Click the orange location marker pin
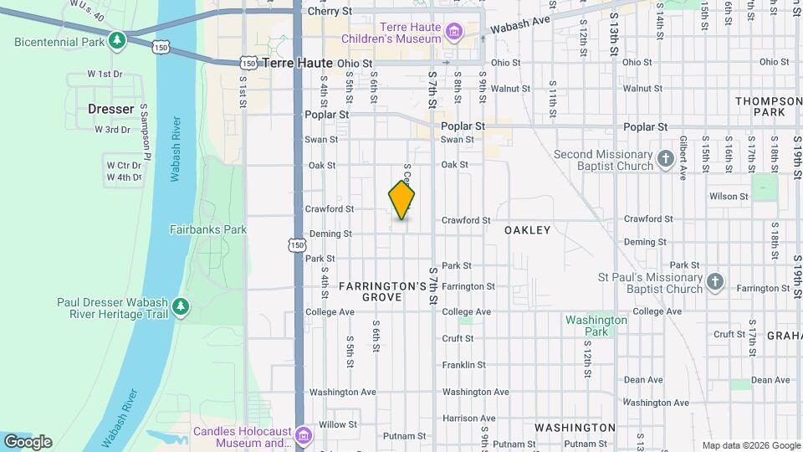(x=401, y=200)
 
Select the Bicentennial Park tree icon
(x=119, y=40)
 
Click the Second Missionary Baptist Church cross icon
(x=666, y=159)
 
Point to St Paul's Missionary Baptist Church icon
(x=714, y=282)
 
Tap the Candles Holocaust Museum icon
(x=303, y=436)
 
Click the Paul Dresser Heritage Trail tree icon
(x=180, y=309)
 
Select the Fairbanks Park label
(x=208, y=229)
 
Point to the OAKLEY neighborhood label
(x=528, y=229)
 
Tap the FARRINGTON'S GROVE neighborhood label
(x=383, y=291)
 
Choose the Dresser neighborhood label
(x=110, y=109)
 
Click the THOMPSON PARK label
(x=768, y=106)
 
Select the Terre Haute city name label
(x=297, y=63)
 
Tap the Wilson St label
(x=729, y=197)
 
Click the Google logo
(x=28, y=442)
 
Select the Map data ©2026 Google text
(x=751, y=445)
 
